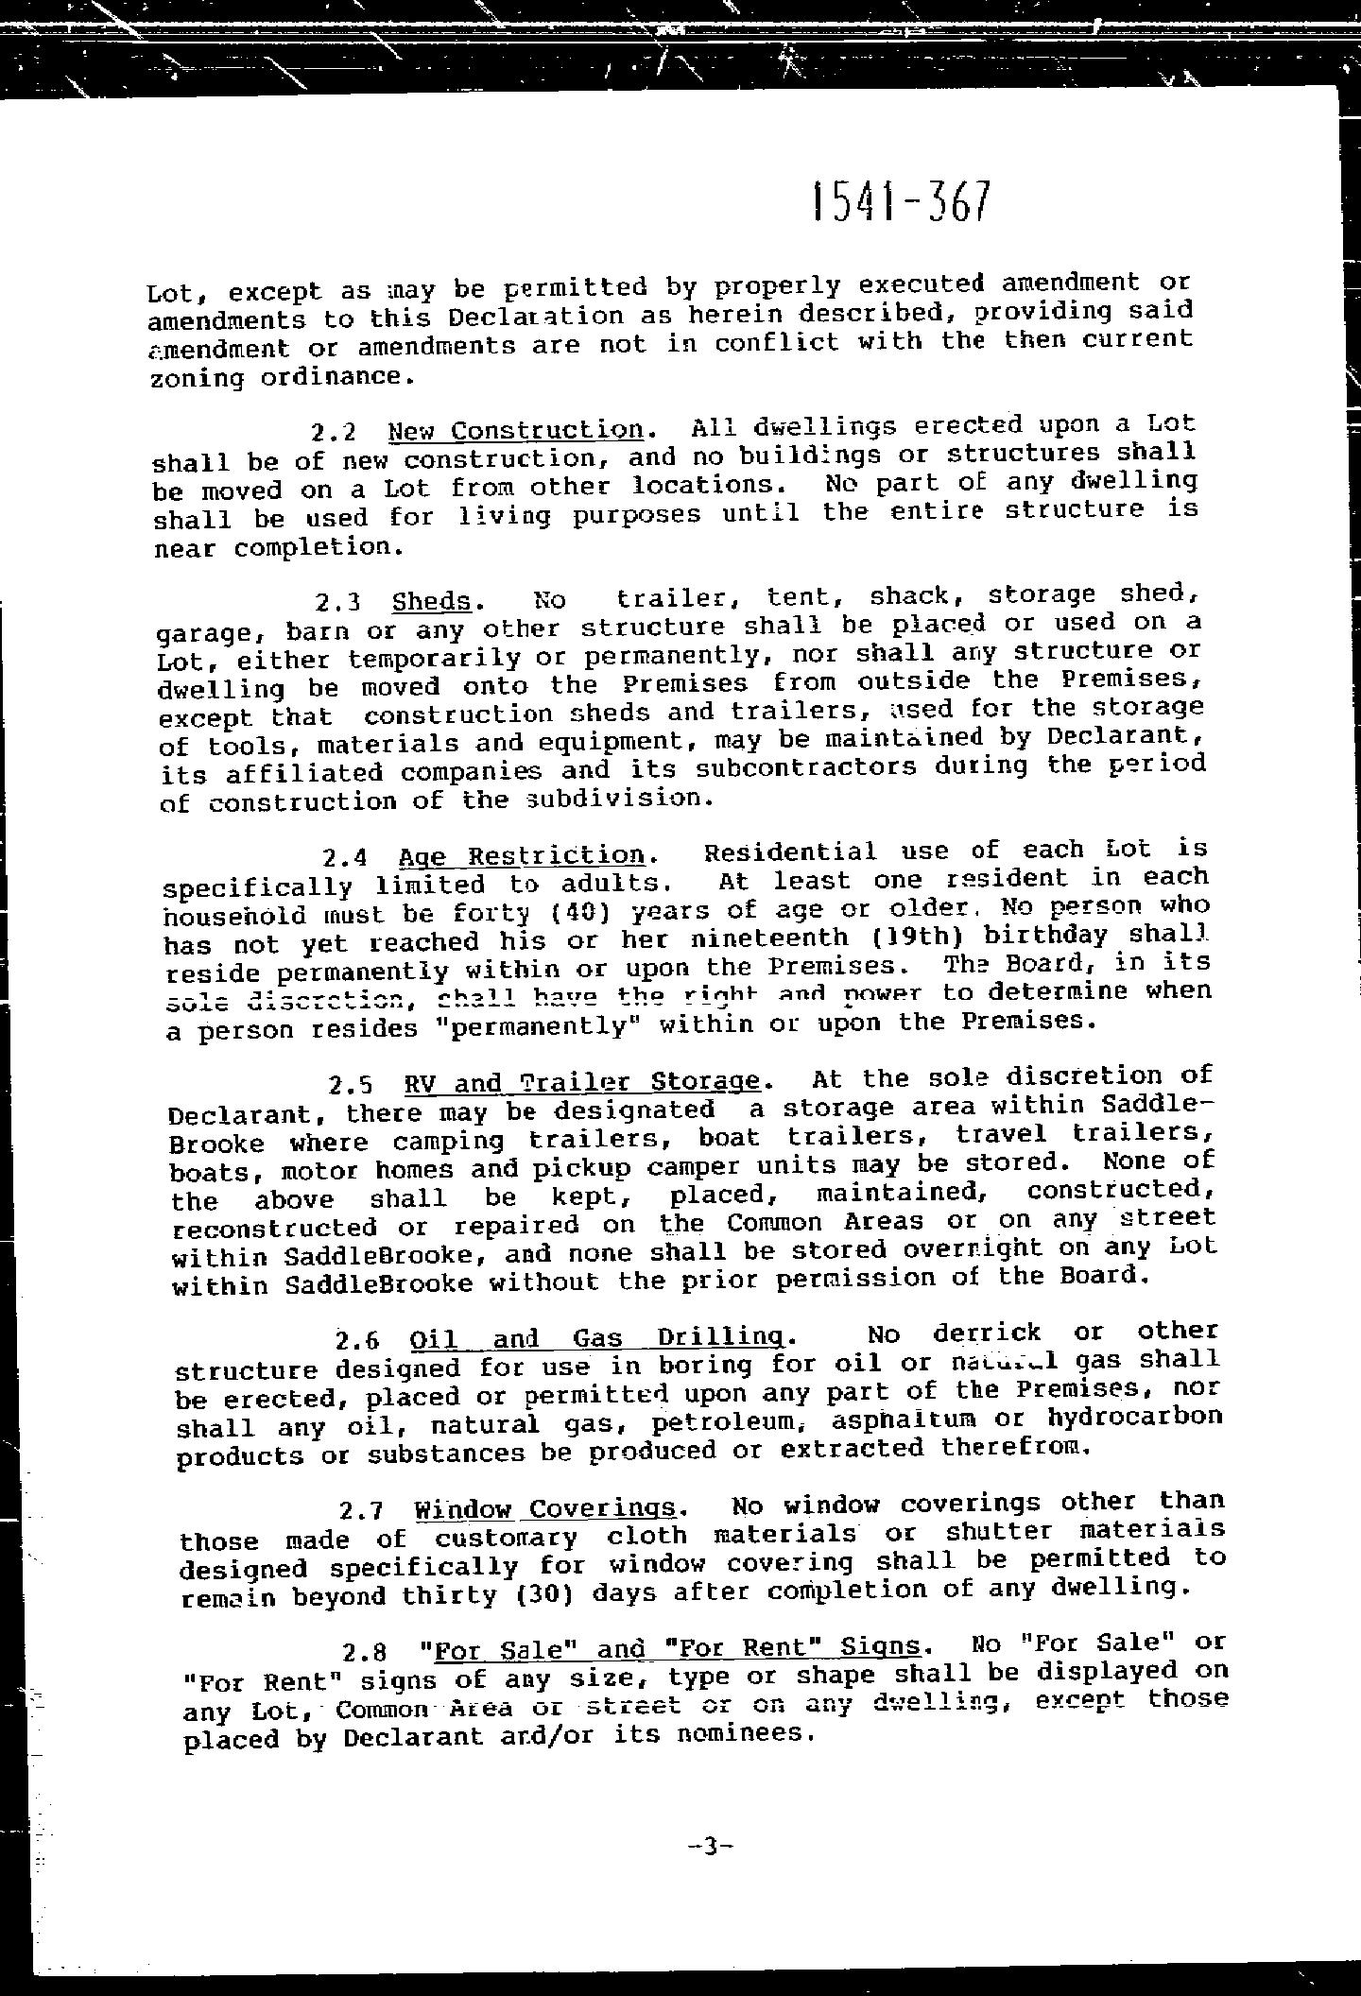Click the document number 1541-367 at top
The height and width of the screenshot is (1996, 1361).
[x=901, y=202]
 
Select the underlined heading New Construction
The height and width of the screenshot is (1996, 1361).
[x=516, y=430]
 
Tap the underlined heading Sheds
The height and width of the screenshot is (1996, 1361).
[x=431, y=602]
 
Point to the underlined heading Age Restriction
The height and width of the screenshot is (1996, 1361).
[x=522, y=856]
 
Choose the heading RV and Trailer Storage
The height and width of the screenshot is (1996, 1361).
[x=581, y=1082]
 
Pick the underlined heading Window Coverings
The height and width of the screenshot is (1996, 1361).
[x=546, y=1508]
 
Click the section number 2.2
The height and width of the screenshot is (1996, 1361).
[x=334, y=433]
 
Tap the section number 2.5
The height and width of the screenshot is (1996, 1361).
[x=351, y=1084]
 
